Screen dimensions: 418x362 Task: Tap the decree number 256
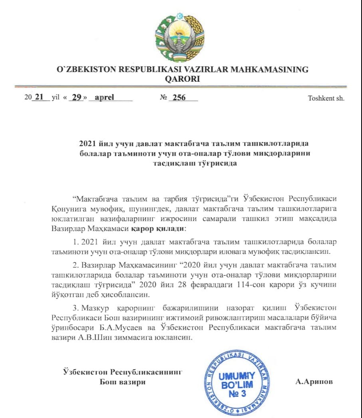point(179,98)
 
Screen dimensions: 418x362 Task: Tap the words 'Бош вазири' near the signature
point(122,382)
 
